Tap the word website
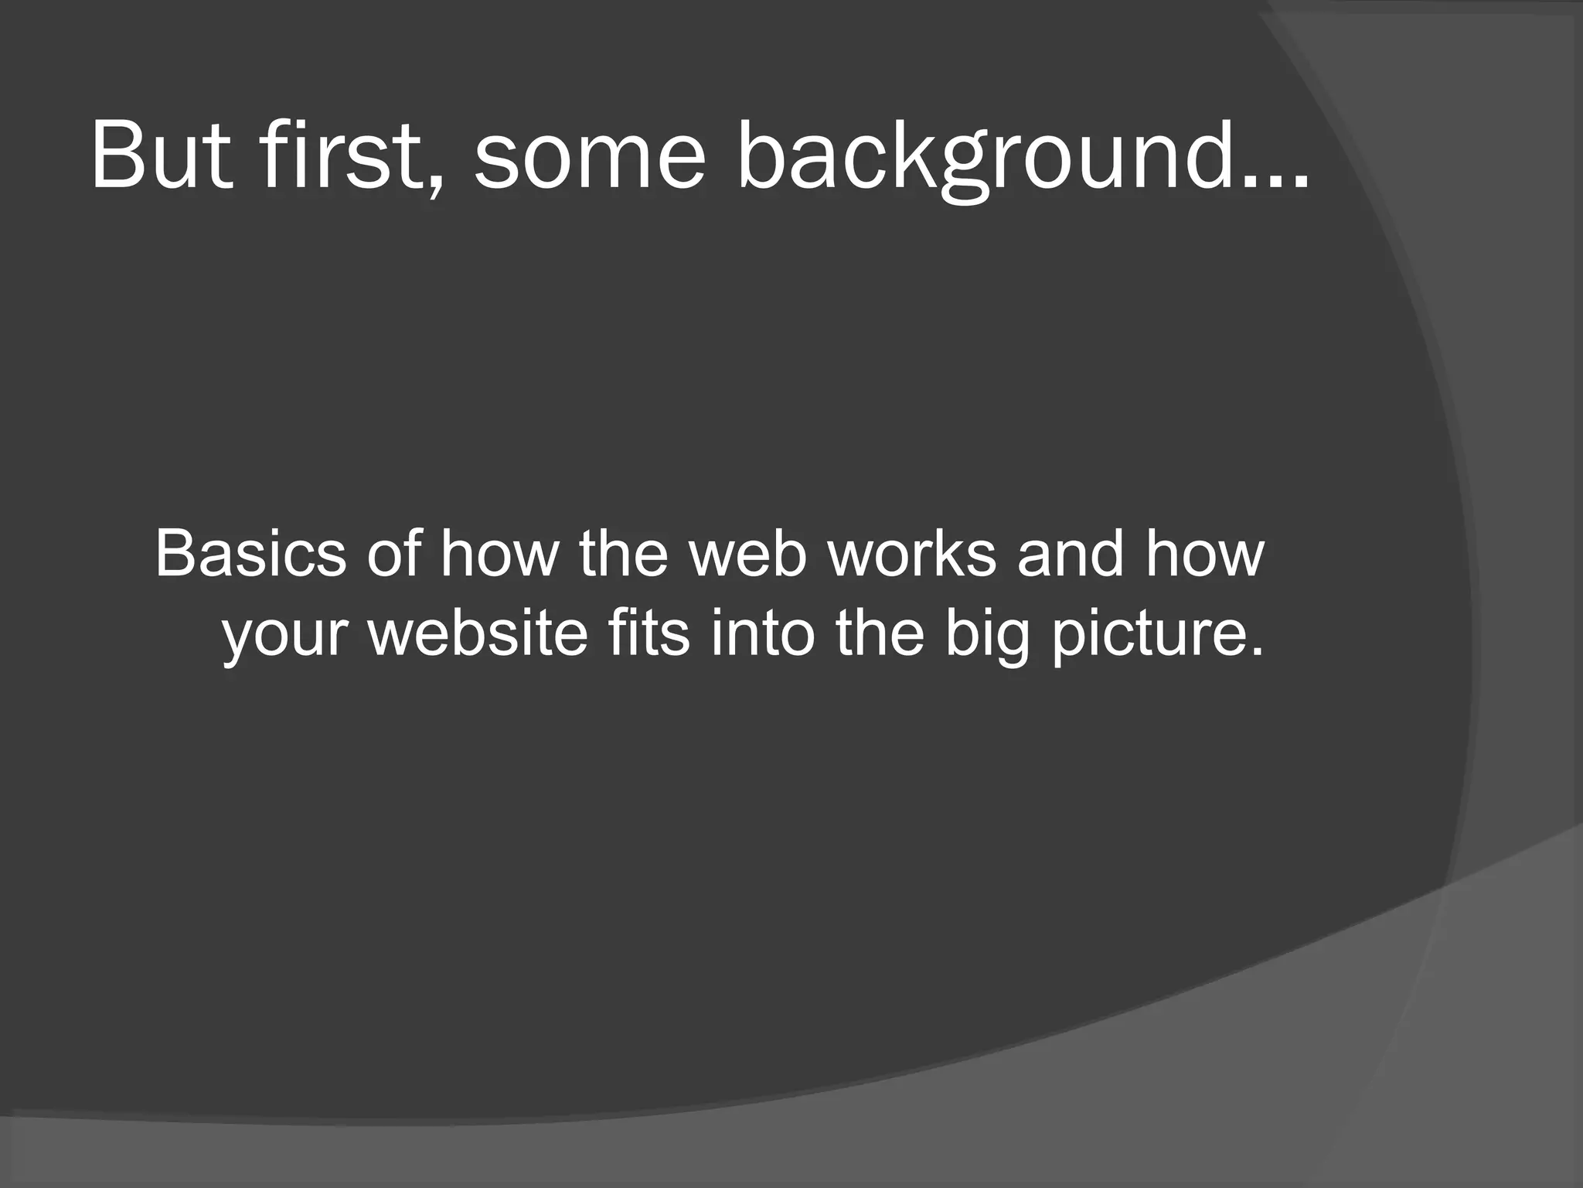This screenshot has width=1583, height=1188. click(x=478, y=634)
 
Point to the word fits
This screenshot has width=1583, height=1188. click(x=649, y=634)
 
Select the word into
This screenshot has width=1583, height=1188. click(x=762, y=634)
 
